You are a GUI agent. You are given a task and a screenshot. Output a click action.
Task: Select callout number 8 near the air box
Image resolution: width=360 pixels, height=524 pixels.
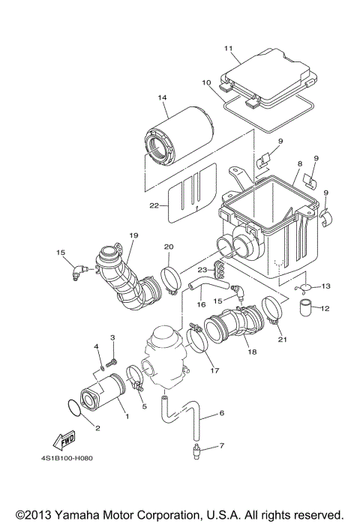point(299,163)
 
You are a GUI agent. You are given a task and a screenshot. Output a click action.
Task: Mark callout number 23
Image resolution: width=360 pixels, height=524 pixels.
point(202,271)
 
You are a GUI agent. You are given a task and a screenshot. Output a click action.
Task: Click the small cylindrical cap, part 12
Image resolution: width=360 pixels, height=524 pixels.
point(306,307)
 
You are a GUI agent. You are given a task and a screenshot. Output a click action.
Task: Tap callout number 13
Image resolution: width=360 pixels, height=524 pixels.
point(326,286)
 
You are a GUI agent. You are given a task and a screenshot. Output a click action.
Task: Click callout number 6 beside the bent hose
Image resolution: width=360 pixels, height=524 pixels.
point(223,413)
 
